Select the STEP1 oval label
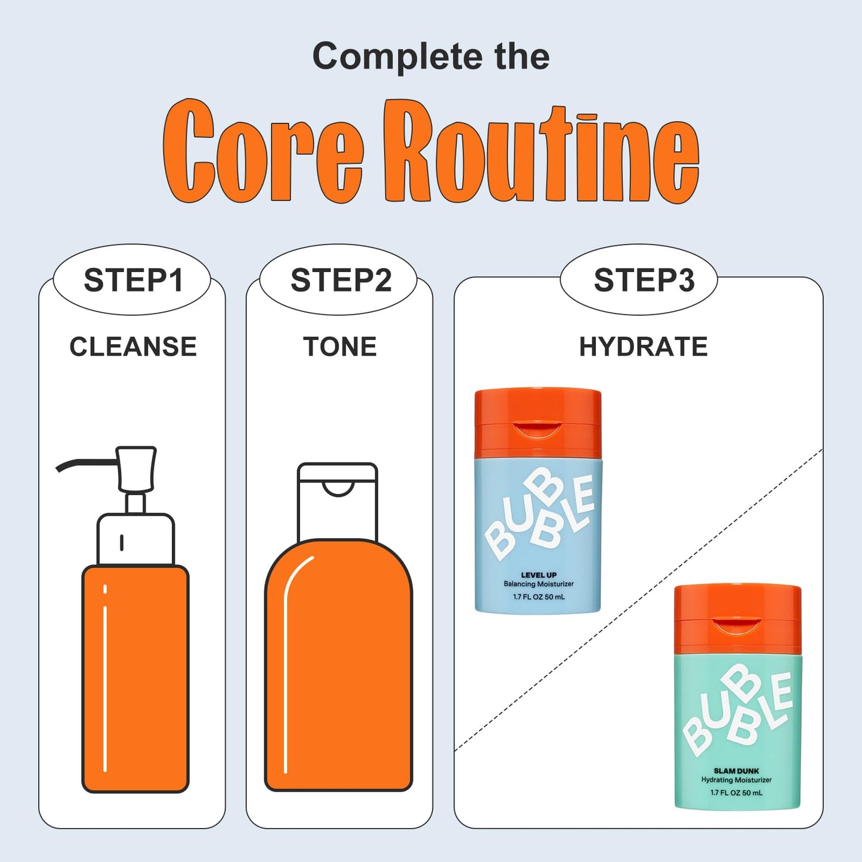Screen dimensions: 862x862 (x=132, y=280)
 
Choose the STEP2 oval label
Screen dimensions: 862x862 (x=339, y=280)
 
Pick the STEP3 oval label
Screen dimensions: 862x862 (x=639, y=280)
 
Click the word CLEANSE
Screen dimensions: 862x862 (x=133, y=347)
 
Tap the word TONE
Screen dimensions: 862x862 (x=340, y=347)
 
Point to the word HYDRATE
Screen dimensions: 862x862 (x=643, y=347)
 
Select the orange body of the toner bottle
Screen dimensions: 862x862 (x=339, y=666)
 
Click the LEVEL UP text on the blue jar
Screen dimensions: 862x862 (x=539, y=575)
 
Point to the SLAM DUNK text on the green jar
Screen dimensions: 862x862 (x=736, y=771)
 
